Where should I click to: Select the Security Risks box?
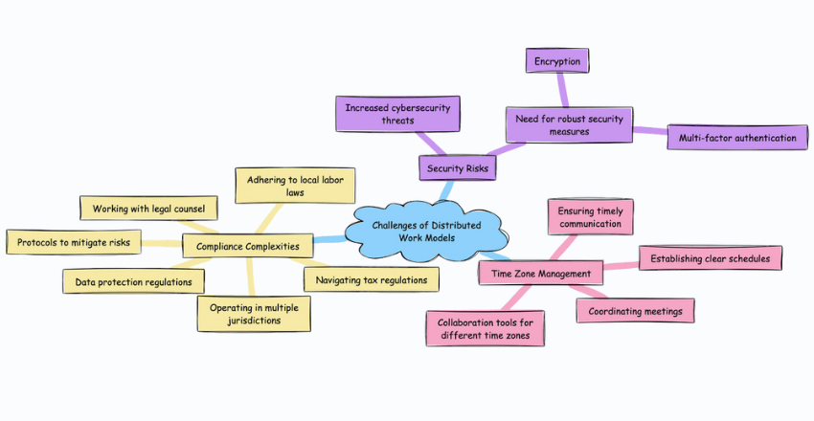coord(457,168)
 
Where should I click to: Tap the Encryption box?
coord(557,60)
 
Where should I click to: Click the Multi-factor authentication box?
coord(736,138)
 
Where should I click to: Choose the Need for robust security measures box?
coord(568,123)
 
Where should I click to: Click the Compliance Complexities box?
coord(247,247)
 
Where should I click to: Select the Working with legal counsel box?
coord(148,208)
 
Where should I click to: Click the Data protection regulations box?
coord(133,281)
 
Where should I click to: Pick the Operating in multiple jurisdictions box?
coord(254,313)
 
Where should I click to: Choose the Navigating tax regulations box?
coord(371,279)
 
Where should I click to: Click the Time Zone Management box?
coord(540,274)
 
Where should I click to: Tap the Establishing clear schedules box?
coord(711,258)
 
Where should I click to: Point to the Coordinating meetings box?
coord(634,311)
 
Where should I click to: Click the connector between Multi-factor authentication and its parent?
coord(649,132)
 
